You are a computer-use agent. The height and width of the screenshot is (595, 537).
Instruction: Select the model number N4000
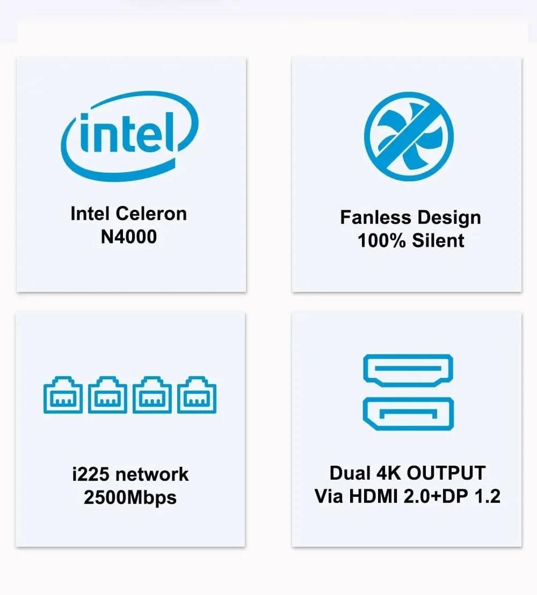pyautogui.click(x=129, y=237)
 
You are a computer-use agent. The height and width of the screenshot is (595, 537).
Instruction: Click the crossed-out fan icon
pyautogui.click(x=409, y=135)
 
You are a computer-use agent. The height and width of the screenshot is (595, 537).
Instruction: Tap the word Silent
pyautogui.click(x=438, y=240)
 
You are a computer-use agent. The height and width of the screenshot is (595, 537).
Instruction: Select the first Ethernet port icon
pyautogui.click(x=63, y=395)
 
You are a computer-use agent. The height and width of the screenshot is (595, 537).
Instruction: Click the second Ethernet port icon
pyautogui.click(x=107, y=395)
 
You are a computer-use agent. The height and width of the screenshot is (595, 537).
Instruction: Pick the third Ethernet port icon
pyautogui.click(x=152, y=395)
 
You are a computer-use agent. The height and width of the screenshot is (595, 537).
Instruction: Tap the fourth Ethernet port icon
pyautogui.click(x=197, y=395)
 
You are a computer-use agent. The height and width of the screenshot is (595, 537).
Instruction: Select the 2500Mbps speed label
pyautogui.click(x=130, y=497)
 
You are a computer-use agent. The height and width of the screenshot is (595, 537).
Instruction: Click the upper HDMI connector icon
pyautogui.click(x=408, y=370)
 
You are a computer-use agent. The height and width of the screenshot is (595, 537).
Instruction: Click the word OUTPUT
pyautogui.click(x=446, y=473)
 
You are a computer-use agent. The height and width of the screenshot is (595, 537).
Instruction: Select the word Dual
pyautogui.click(x=350, y=473)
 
